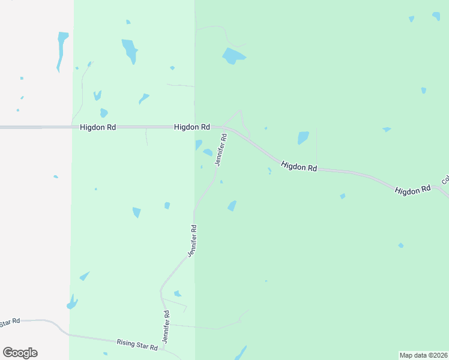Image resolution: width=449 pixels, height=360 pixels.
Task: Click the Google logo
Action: (20, 353)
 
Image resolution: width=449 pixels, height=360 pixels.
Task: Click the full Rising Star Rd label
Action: (137, 343)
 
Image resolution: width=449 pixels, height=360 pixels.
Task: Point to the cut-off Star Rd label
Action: (10, 322)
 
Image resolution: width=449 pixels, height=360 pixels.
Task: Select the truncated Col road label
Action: (445, 179)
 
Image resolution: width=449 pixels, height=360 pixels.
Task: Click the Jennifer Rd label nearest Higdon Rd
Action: (220, 149)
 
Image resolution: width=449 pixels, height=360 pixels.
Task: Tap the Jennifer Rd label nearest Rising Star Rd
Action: (166, 326)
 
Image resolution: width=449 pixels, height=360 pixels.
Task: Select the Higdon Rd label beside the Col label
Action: (412, 189)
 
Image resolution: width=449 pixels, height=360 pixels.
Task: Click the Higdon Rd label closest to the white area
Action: (98, 127)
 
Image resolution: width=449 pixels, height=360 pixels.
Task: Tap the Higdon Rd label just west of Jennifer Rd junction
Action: (192, 127)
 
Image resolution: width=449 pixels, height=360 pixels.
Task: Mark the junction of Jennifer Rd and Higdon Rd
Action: (223, 128)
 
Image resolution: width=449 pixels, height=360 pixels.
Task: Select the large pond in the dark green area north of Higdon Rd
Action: (233, 56)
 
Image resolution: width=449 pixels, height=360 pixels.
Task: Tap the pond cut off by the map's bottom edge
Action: (240, 353)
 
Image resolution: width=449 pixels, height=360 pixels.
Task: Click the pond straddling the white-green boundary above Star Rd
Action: (72, 302)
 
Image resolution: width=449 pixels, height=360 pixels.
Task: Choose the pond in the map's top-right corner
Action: (436, 16)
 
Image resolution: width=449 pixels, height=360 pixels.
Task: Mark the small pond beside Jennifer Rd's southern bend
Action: (177, 293)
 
